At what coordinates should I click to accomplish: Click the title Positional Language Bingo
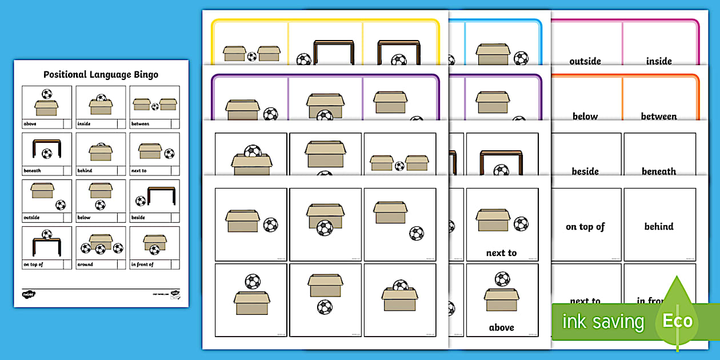tap(101, 74)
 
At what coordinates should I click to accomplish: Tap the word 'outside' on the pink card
tap(585, 61)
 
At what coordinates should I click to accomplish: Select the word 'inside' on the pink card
tap(659, 61)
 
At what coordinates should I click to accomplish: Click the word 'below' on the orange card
tap(585, 117)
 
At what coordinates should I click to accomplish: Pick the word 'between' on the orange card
tap(659, 117)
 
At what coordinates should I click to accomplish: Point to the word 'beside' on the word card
tap(585, 171)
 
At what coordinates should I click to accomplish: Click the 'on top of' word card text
tap(585, 227)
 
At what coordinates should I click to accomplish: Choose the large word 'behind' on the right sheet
tap(659, 227)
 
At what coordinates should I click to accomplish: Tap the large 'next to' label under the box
tap(501, 253)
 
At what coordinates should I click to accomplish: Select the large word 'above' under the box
tap(501, 327)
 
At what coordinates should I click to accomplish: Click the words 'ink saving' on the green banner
tap(603, 322)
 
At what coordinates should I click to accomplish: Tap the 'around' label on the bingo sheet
tap(86, 265)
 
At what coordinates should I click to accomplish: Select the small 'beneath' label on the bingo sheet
tap(33, 170)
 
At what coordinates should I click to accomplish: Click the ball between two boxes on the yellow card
tap(252, 57)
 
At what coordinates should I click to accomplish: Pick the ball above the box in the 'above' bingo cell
tap(47, 94)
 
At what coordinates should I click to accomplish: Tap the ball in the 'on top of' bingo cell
tap(47, 234)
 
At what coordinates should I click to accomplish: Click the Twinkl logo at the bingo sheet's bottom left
tap(29, 294)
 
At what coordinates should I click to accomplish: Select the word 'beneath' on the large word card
tap(659, 171)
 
